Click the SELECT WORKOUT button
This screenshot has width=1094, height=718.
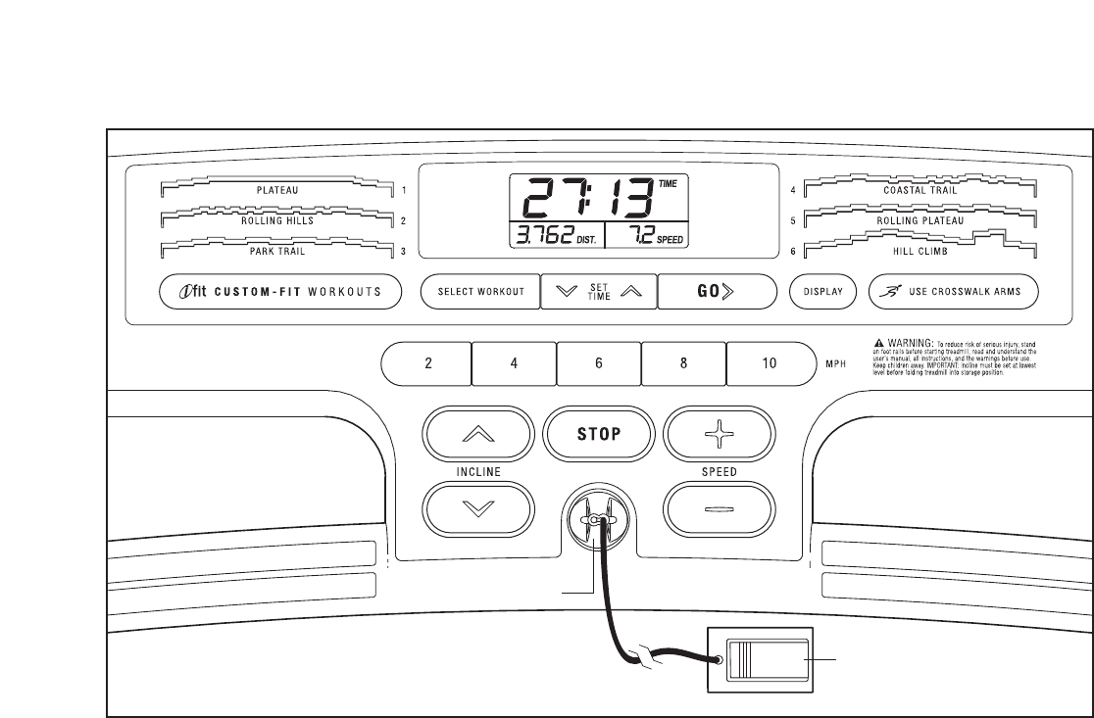[x=480, y=292]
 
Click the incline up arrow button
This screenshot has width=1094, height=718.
[x=477, y=434]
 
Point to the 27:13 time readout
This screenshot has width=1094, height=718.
[x=588, y=199]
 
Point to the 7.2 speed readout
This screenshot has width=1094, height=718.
[x=647, y=235]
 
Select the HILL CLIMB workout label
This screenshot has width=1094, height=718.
[x=918, y=251]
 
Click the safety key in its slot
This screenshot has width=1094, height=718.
[x=598, y=523]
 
